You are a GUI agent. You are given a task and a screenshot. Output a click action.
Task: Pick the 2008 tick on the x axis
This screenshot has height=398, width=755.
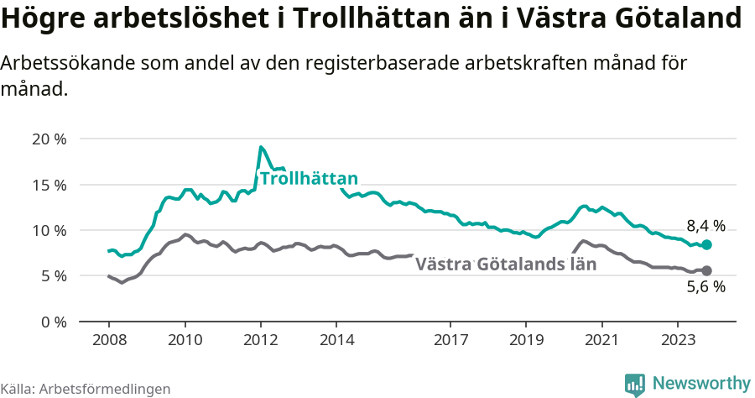pyautogui.click(x=109, y=340)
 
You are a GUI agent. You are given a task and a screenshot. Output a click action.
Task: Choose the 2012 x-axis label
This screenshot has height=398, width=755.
pyautogui.click(x=261, y=340)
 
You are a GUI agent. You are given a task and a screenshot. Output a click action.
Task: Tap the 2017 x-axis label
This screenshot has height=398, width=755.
pyautogui.click(x=450, y=340)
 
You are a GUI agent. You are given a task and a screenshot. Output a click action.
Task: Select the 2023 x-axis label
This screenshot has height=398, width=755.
pyautogui.click(x=677, y=340)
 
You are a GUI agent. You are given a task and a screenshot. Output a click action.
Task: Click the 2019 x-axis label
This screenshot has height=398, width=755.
pyautogui.click(x=526, y=340)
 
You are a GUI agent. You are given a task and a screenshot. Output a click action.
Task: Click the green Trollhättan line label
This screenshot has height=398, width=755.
pyautogui.click(x=309, y=178)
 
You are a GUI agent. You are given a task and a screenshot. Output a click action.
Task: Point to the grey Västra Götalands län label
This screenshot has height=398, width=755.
pyautogui.click(x=506, y=264)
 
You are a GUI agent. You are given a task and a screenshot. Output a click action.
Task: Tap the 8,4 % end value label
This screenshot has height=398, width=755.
pyautogui.click(x=706, y=225)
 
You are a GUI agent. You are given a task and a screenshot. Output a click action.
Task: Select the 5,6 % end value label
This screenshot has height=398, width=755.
pyautogui.click(x=706, y=287)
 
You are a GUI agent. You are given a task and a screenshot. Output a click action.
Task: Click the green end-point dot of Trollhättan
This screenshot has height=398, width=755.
pyautogui.click(x=706, y=244)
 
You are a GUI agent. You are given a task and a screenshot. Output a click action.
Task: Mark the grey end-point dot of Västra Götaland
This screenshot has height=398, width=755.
pyautogui.click(x=706, y=270)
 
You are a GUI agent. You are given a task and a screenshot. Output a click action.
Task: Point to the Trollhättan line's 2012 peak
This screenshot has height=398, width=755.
pyautogui.click(x=262, y=148)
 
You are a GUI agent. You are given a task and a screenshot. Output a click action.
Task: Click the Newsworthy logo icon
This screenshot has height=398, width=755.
pyautogui.click(x=635, y=384)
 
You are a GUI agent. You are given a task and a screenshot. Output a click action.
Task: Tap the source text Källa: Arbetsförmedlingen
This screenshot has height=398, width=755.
pyautogui.click(x=86, y=389)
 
